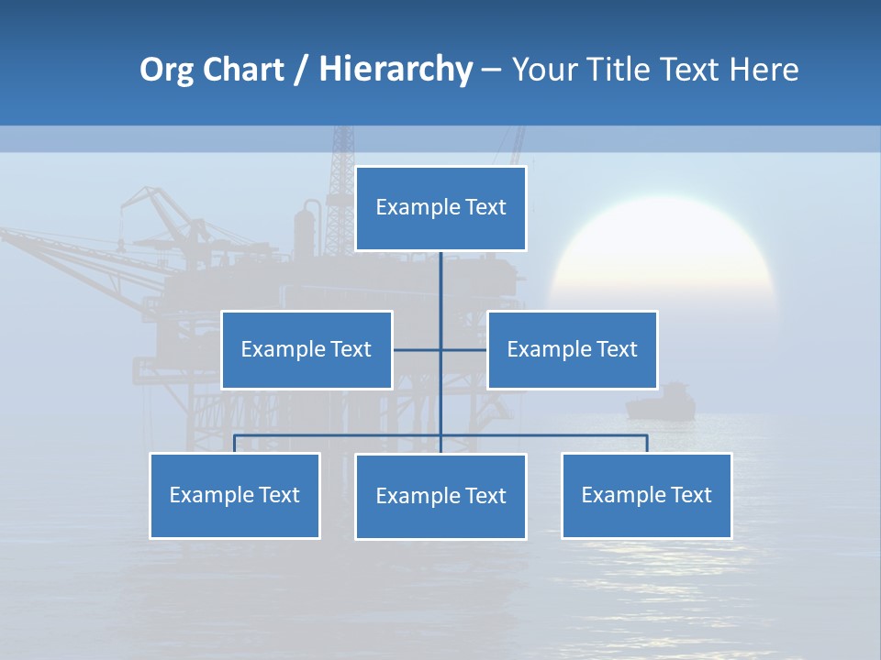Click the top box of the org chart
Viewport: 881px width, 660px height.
click(x=440, y=208)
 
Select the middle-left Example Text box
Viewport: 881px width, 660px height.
click(x=307, y=349)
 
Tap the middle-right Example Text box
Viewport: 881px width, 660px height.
click(x=572, y=349)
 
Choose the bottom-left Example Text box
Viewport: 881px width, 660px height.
click(x=234, y=495)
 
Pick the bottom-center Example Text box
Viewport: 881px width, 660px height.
click(x=440, y=496)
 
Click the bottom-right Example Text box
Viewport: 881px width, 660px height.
click(x=646, y=495)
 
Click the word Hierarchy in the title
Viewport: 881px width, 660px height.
click(x=396, y=70)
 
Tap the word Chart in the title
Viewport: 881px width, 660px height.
click(x=243, y=70)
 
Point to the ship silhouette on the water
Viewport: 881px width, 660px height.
click(x=660, y=402)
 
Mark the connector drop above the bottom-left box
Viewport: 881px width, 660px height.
click(x=234, y=444)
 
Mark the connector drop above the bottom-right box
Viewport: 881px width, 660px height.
click(x=647, y=444)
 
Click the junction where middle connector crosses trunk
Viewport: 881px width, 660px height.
click(x=440, y=349)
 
